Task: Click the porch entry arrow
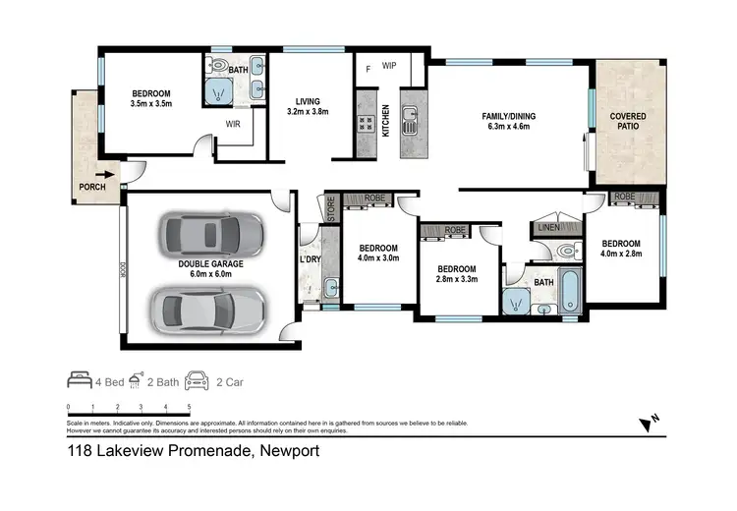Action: point(100,178)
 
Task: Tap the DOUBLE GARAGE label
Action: point(210,263)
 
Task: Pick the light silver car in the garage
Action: point(206,310)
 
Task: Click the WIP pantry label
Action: point(389,67)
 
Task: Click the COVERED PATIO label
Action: point(628,122)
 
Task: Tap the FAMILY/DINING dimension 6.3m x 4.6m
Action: point(505,127)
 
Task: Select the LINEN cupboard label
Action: point(549,228)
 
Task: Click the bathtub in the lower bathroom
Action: point(571,292)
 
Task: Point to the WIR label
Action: point(234,125)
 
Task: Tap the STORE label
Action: point(332,208)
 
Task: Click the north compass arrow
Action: point(646,424)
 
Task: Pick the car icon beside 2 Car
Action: point(197,378)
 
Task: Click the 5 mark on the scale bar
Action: point(189,406)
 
